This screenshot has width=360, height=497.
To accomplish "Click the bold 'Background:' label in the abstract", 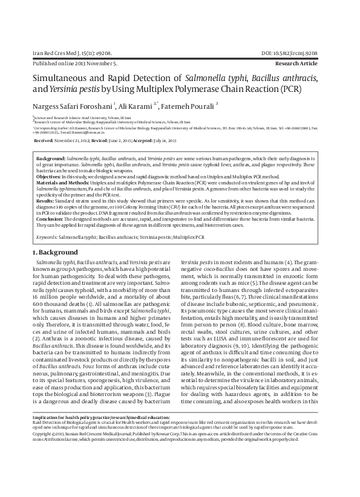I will tap(51, 157).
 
